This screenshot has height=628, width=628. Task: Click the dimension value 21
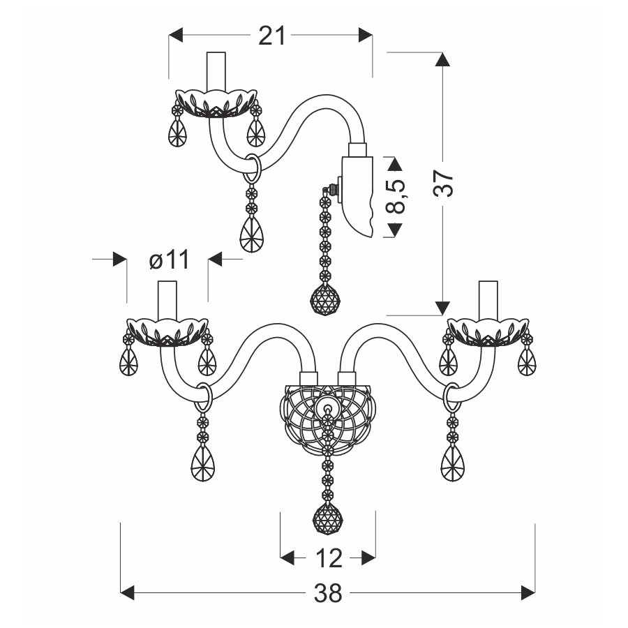coord(271,36)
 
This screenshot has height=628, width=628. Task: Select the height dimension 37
coord(443,184)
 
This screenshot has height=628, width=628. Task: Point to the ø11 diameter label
coord(169,260)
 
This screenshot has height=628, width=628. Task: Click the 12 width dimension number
coord(329,558)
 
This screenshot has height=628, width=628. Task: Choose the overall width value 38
coord(328,592)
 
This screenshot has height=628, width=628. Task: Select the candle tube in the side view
coord(216,71)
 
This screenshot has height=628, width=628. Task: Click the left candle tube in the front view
coord(167,301)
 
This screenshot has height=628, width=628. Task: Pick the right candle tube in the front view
coord(488,301)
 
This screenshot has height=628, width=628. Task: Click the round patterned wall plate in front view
coord(328,419)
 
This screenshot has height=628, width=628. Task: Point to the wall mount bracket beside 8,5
coord(357,196)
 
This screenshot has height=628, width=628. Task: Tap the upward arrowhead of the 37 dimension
coord(442,59)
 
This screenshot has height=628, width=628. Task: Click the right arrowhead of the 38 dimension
coord(528,592)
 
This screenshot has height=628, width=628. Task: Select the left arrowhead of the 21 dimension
coord(176,35)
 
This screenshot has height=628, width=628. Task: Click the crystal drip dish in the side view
coord(216,103)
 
